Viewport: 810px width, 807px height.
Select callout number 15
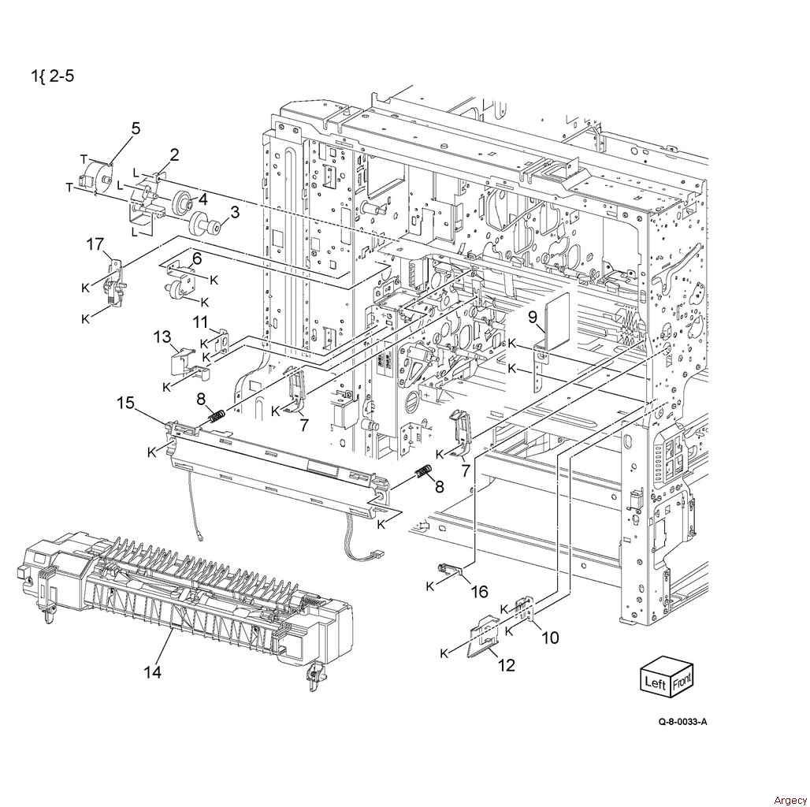tap(125, 403)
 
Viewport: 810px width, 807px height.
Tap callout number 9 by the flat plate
tap(533, 318)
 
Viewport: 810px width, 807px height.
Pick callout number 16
tap(480, 592)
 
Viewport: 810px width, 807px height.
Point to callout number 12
tap(507, 665)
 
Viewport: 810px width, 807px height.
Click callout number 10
tap(550, 638)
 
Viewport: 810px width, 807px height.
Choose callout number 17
tap(95, 244)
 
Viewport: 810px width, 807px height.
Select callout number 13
tap(162, 337)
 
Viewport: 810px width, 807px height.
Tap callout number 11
tap(202, 322)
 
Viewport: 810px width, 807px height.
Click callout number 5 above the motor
tap(136, 128)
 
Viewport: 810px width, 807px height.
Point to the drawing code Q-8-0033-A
tap(682, 722)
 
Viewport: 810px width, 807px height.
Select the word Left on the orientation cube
tap(655, 683)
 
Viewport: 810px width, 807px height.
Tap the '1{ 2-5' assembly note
tap(52, 76)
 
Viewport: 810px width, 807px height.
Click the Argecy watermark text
tap(790, 800)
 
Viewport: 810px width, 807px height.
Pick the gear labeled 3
tap(205, 225)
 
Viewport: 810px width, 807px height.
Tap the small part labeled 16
tap(450, 570)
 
